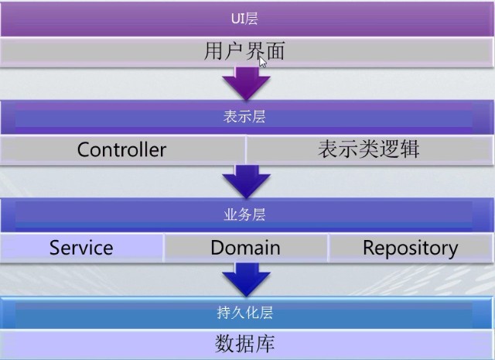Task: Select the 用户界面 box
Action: coord(244,52)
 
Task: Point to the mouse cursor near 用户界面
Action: coord(263,61)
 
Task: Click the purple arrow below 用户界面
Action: coord(246,83)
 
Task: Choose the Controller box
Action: coord(122,149)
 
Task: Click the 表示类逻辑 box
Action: coord(369,149)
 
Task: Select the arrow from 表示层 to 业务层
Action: coord(246,182)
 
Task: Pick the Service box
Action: coord(81,248)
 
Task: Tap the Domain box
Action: coord(245,248)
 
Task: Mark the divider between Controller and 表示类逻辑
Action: coord(246,149)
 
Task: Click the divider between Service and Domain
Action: coord(164,248)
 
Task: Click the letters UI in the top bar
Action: coord(238,18)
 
